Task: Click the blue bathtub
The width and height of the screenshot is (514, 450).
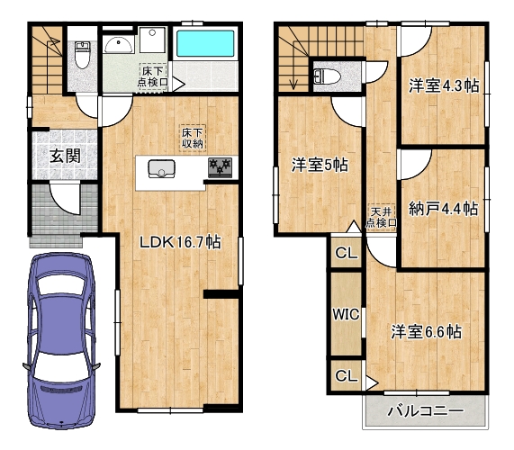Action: click(205, 43)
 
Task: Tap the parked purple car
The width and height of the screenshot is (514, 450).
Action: click(61, 340)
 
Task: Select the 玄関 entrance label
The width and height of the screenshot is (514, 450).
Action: click(65, 156)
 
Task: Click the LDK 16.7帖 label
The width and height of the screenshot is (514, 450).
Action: click(180, 242)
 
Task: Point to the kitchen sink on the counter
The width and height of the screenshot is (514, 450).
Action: click(161, 169)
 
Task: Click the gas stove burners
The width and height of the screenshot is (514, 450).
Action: click(220, 167)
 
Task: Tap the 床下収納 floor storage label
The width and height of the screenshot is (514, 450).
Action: click(193, 138)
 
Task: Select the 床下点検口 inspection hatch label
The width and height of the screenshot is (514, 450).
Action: click(153, 76)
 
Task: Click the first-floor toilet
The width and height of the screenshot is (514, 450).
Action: click(82, 54)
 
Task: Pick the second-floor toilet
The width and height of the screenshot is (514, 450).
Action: click(327, 77)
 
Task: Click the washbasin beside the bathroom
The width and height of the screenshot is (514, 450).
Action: click(119, 45)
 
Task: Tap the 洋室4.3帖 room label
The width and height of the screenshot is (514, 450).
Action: click(444, 85)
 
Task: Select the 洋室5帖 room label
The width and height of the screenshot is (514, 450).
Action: click(320, 165)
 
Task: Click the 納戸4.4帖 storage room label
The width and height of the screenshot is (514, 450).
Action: click(443, 209)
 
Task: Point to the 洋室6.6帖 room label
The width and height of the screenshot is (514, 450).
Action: click(426, 332)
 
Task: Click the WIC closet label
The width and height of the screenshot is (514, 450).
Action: click(346, 314)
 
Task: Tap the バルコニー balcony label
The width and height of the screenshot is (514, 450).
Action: click(425, 411)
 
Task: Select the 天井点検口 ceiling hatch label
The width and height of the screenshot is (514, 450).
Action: click(382, 217)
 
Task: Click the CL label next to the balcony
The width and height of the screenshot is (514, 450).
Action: click(347, 375)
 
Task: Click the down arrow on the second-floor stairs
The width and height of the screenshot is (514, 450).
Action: click(293, 82)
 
